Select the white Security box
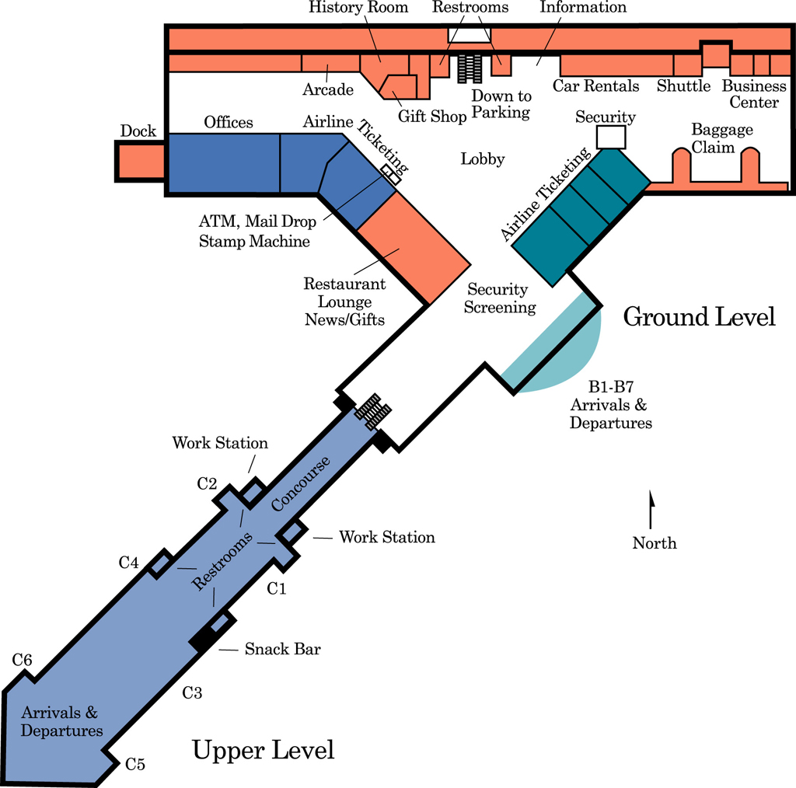[610, 137]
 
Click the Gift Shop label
[432, 116]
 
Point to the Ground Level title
[699, 317]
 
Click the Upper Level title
[263, 751]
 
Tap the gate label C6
[23, 661]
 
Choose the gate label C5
[135, 764]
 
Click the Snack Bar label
[282, 649]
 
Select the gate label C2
[207, 484]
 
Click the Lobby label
[483, 159]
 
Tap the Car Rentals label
[595, 85]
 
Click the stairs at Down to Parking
[470, 68]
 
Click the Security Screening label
[500, 298]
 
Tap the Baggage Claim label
[721, 138]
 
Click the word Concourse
[301, 483]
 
